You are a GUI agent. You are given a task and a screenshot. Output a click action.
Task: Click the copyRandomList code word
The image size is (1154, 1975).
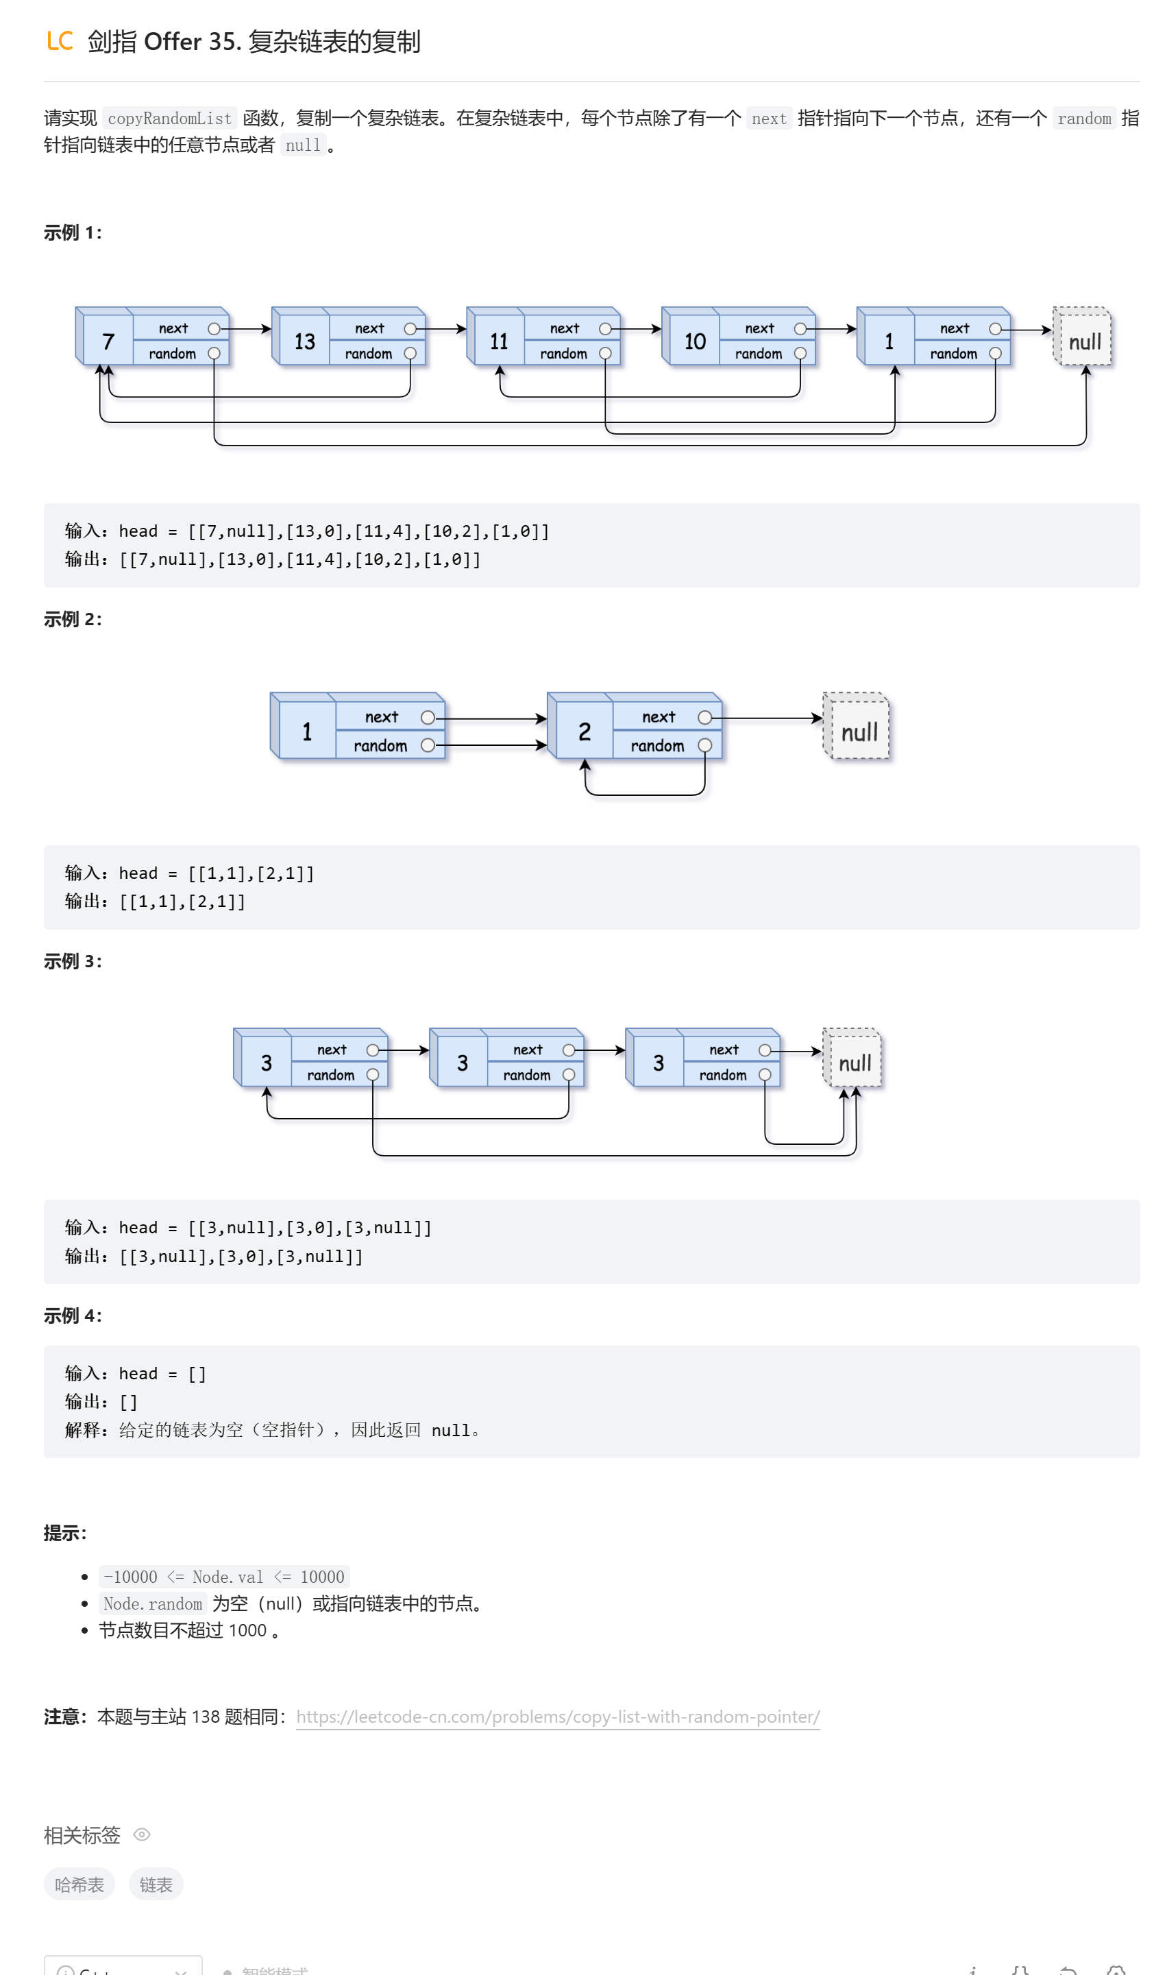coord(169,119)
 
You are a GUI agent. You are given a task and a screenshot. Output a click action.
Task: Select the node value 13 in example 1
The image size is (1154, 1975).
coord(304,341)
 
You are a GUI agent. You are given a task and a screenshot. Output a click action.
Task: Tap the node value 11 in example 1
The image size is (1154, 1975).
coord(499,341)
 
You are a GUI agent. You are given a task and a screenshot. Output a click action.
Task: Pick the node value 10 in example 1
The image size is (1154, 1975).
coord(694,341)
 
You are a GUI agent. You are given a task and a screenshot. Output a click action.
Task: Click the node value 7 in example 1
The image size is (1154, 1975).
coord(108,341)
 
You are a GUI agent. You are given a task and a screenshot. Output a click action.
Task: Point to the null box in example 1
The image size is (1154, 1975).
coord(1084,341)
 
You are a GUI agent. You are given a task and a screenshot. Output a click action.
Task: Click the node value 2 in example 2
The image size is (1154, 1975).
coord(585,732)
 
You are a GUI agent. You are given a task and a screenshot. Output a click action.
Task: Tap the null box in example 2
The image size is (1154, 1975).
coord(859,732)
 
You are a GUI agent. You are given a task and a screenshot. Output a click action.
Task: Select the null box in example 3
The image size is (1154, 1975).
coord(855,1063)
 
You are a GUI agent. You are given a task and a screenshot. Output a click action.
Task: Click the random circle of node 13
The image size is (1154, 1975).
coord(410,354)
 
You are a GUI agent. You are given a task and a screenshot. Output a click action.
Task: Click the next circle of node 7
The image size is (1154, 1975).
coord(214,329)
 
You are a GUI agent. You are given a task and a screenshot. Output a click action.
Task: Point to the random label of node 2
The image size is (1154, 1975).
coord(657,746)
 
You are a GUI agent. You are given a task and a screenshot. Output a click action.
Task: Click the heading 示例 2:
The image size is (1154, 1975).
coord(72,619)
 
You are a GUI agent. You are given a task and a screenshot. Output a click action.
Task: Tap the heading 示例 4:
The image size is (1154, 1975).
coord(72,1315)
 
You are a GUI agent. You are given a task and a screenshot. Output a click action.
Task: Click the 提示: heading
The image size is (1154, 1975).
coord(65,1533)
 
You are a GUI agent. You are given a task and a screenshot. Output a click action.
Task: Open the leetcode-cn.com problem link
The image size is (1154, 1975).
coord(558,1717)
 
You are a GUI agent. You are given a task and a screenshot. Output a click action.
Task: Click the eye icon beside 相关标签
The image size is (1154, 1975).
coord(142,1834)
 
